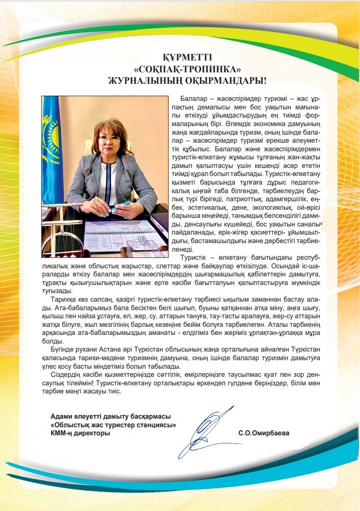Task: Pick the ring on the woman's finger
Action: (x=97, y=208)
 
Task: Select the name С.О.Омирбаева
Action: (x=264, y=433)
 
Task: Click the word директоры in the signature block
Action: (x=90, y=433)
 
